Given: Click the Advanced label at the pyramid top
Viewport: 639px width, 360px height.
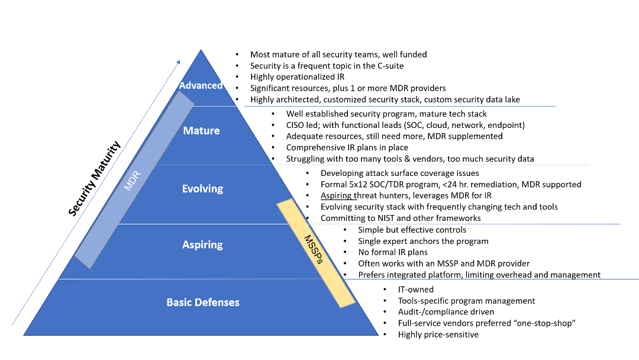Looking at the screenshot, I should coord(201,85).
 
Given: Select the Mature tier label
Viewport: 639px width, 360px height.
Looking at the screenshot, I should coord(201,130).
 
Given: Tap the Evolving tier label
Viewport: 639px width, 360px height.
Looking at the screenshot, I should coord(202,189).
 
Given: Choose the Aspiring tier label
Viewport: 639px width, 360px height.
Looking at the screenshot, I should coord(202,244).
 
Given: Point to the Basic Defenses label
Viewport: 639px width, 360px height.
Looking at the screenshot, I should coord(203,302).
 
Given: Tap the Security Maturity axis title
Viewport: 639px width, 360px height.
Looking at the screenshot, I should coord(95,178).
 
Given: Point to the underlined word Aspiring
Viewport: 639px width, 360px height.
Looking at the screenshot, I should coord(337,195).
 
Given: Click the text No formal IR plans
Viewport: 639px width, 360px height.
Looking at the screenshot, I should coord(393,252).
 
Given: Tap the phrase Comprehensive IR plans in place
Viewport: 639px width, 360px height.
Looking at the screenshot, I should coord(347,147).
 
